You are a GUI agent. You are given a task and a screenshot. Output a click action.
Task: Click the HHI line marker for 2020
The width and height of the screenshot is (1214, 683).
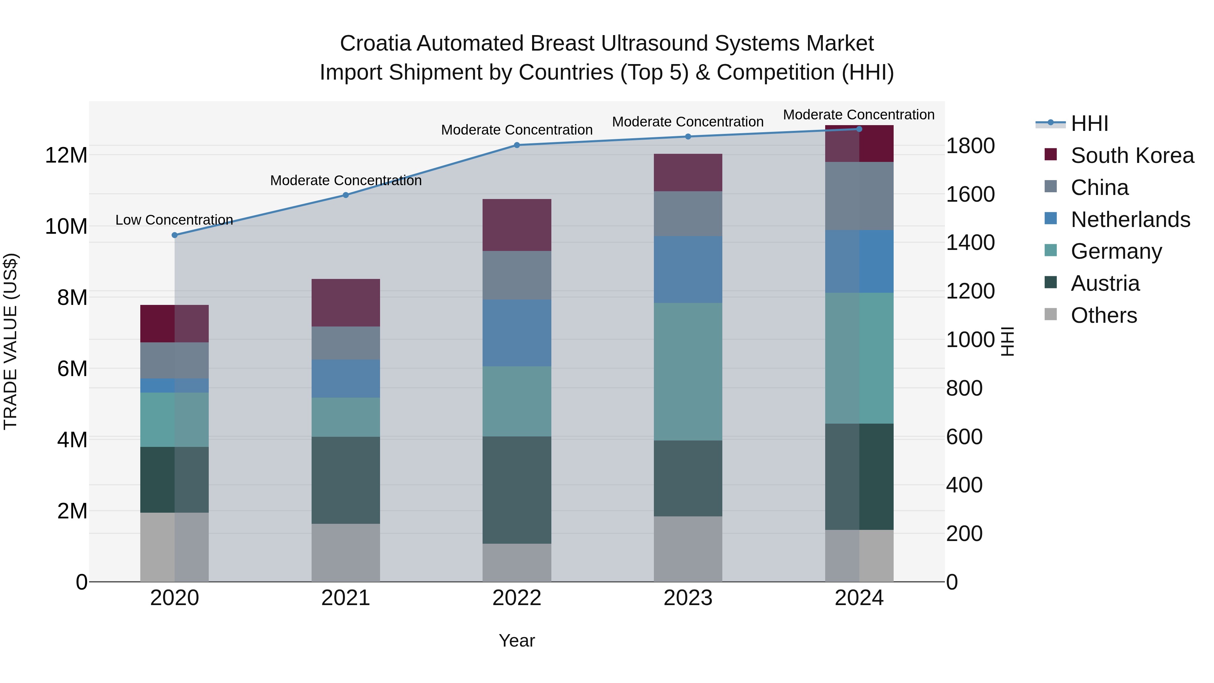175,235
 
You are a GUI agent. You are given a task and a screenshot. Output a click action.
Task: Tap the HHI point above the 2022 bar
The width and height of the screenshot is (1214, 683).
517,145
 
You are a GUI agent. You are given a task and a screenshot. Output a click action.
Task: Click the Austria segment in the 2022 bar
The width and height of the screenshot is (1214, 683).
517,490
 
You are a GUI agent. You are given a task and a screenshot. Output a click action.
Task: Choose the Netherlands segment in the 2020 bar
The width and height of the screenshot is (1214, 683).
175,386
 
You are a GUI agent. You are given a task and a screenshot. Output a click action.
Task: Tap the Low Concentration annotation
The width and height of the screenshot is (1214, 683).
174,220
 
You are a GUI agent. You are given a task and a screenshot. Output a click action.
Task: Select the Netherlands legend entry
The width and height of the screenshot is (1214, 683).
1130,220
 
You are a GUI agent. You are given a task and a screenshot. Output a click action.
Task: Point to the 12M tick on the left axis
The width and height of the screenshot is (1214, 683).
66,155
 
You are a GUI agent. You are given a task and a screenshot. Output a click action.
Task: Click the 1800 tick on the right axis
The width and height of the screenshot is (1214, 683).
970,146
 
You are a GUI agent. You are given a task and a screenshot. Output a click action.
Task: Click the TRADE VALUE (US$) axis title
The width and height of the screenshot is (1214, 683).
10,341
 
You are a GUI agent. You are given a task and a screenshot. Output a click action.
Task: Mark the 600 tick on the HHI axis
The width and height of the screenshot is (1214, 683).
964,436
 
